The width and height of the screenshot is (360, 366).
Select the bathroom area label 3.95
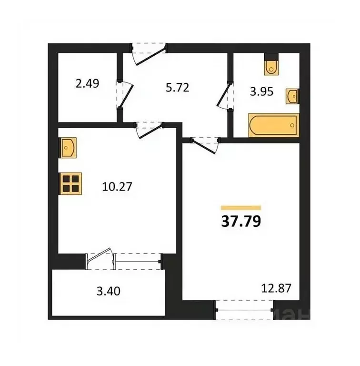coord(262,91)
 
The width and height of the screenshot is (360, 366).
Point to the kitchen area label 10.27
coord(116,186)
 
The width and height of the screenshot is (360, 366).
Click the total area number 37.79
coord(241,222)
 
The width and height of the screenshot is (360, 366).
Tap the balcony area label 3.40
coord(109,290)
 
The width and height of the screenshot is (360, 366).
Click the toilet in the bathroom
coord(271,66)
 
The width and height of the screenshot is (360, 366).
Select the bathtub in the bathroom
coord(273,125)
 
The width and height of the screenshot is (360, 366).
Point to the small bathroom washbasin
coord(292,96)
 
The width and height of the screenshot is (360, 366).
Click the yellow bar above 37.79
coord(241,208)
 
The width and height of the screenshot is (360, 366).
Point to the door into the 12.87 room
coord(204,143)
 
